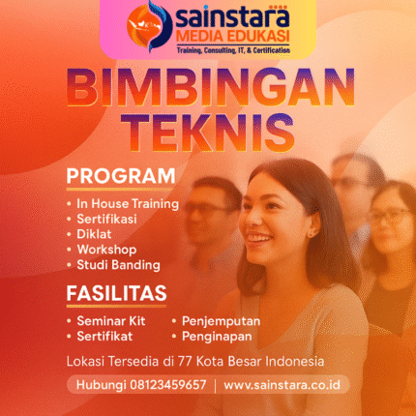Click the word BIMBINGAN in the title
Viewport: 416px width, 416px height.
click(x=208, y=89)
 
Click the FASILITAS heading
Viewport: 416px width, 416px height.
click(x=115, y=292)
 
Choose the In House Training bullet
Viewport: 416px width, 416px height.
click(x=128, y=204)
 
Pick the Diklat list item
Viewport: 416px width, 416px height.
click(x=95, y=234)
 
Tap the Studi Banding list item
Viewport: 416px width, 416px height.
click(x=118, y=264)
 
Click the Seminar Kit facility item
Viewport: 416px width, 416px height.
click(x=109, y=321)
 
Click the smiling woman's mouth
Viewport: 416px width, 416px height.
click(x=258, y=236)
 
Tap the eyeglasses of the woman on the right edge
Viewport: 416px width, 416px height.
click(x=389, y=217)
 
